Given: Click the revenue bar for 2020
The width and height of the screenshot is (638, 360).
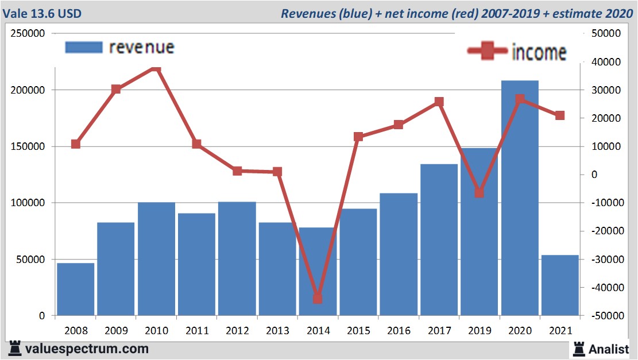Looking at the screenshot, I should click(x=520, y=198).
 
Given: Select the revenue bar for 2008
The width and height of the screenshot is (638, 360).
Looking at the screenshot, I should click(x=75, y=289).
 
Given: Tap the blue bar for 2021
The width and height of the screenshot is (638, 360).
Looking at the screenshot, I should click(x=560, y=285).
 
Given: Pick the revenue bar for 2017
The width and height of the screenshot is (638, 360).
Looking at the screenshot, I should click(x=439, y=240).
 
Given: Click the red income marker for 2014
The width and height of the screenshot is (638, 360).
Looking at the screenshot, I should click(x=318, y=299).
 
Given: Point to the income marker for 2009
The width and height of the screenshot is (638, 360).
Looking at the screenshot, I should click(x=116, y=89).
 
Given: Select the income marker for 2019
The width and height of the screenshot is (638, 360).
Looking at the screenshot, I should click(x=480, y=192).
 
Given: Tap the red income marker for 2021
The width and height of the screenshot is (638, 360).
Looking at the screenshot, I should click(x=560, y=115).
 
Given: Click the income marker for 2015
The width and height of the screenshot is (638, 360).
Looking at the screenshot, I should click(x=358, y=137).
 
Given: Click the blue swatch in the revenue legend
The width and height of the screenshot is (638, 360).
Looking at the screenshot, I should click(x=84, y=47).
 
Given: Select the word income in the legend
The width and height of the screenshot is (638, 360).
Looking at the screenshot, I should click(x=539, y=52).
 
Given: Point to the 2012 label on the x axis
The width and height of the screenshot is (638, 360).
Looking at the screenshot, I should click(x=237, y=330).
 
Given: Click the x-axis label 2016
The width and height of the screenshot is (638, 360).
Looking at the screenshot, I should click(x=399, y=330).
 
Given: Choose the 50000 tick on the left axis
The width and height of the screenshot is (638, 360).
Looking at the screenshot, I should click(x=31, y=260).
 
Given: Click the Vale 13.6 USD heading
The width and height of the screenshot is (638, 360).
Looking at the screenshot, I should click(x=41, y=13).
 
